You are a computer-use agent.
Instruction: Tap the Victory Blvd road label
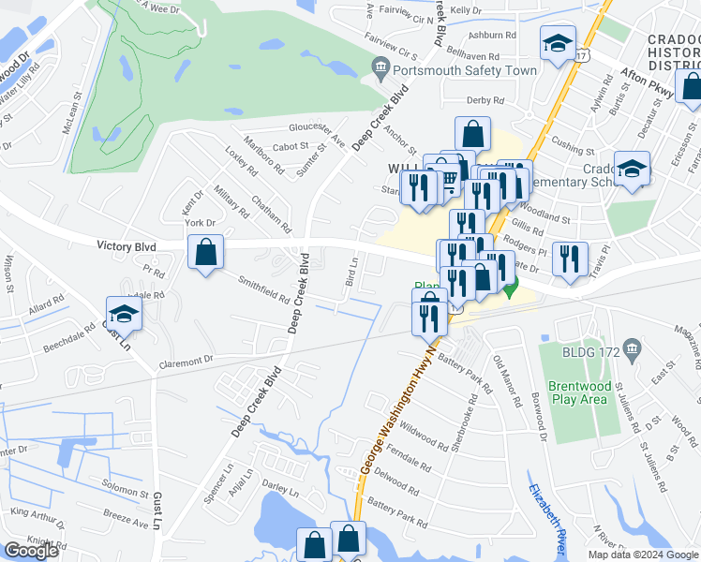(125, 245)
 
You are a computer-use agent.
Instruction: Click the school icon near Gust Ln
(124, 315)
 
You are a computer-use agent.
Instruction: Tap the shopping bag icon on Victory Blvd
(205, 252)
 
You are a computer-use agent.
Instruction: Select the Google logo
(31, 551)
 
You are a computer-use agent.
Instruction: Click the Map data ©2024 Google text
(643, 555)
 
